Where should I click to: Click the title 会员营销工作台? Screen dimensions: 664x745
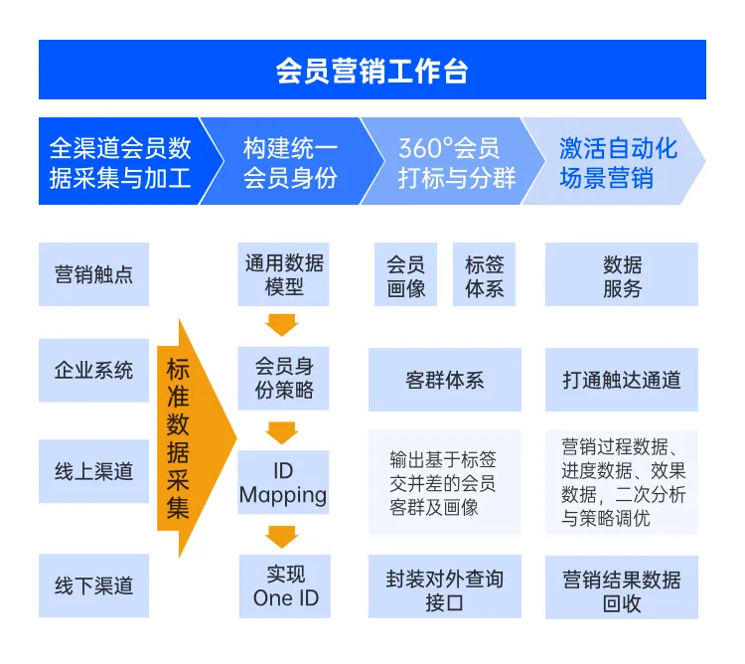[x=372, y=71]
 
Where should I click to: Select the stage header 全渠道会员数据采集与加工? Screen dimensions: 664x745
[x=119, y=162]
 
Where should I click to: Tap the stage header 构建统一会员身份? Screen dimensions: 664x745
[x=289, y=162]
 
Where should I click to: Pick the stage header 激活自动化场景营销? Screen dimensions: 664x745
[x=616, y=162]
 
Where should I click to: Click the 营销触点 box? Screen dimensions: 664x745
[x=93, y=274]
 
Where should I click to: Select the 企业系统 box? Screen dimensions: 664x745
[x=93, y=372]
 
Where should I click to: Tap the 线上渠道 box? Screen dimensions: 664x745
[x=93, y=471]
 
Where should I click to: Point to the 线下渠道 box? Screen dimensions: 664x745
[x=93, y=585]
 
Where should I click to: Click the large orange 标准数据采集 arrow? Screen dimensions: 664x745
[x=189, y=438]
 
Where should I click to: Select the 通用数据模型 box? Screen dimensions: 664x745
[x=283, y=274]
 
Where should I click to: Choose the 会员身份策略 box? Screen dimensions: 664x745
[x=283, y=379]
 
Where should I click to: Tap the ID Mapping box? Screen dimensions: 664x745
[x=283, y=482]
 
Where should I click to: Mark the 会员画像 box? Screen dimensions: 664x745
[x=405, y=275]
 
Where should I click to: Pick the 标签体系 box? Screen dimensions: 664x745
[x=484, y=275]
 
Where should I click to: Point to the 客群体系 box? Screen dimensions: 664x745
[x=444, y=380]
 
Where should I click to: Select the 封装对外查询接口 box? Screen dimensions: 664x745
[x=444, y=590]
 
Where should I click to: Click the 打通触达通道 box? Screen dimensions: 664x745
[x=622, y=380]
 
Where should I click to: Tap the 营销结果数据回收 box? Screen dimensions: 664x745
[x=622, y=590]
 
